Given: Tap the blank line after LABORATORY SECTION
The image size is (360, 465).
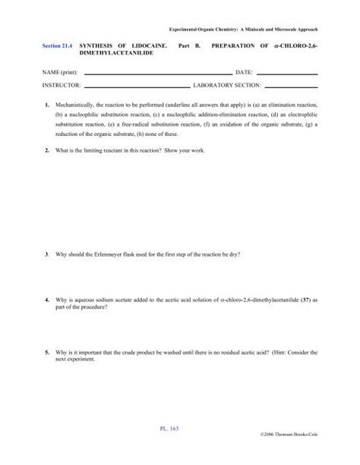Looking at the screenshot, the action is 290,86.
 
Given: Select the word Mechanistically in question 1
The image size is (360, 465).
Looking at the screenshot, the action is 78,103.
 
